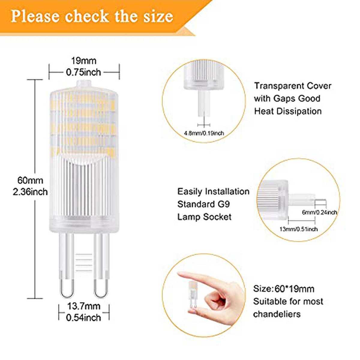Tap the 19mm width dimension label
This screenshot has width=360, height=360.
(x=84, y=61)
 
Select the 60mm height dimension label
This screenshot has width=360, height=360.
(x=30, y=180)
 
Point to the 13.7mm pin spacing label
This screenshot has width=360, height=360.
(x=84, y=306)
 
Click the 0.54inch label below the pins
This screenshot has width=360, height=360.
(x=83, y=317)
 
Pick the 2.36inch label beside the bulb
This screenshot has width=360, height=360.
(x=30, y=192)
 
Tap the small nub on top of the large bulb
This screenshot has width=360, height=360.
(x=84, y=83)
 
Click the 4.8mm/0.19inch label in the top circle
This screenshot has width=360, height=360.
(x=204, y=133)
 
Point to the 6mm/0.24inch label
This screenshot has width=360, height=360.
(x=319, y=212)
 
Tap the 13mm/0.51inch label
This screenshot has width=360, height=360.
(x=298, y=229)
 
